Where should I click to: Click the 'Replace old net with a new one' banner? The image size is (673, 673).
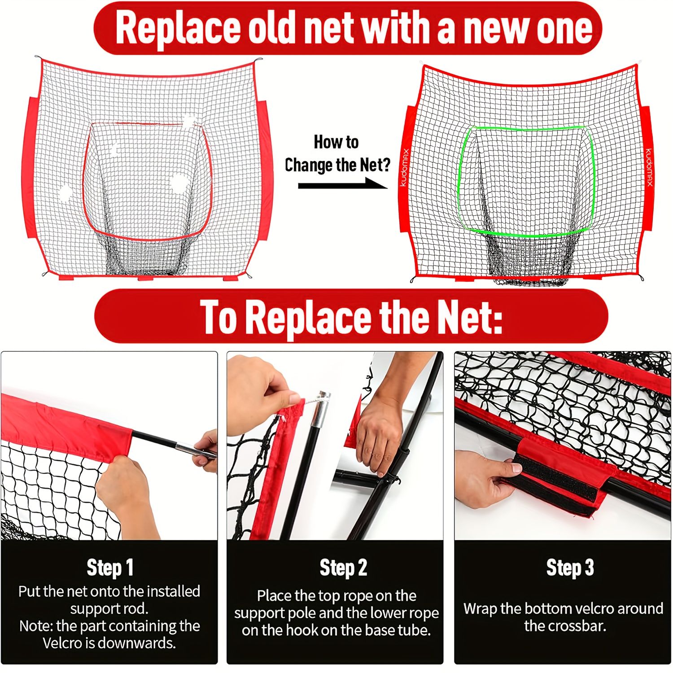point(348,28)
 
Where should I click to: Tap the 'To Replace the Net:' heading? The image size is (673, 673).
point(351,317)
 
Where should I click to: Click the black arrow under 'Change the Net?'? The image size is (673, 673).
point(343,184)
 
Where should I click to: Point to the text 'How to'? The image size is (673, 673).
point(336,142)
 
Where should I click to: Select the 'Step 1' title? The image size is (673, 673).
point(110,568)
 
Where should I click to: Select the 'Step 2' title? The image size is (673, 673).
point(343,568)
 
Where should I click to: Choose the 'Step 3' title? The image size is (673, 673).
point(570,568)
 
